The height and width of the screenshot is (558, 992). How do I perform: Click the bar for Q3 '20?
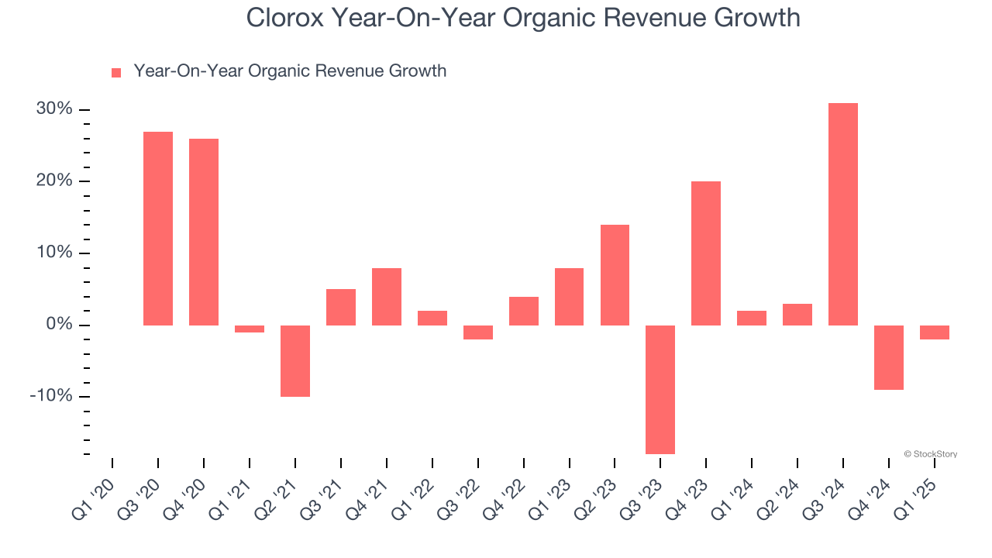pyautogui.click(x=158, y=229)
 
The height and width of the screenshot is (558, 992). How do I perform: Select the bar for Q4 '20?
pyautogui.click(x=204, y=232)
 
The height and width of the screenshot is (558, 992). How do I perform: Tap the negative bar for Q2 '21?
pyautogui.click(x=295, y=360)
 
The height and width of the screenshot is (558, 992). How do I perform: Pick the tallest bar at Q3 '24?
pyautogui.click(x=843, y=214)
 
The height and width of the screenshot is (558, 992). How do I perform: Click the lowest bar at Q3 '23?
pyautogui.click(x=660, y=389)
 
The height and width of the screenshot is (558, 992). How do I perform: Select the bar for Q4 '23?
pyautogui.click(x=706, y=253)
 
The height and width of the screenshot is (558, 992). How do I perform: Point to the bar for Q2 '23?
pyautogui.click(x=615, y=275)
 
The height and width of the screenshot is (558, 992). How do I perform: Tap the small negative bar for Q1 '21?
pyautogui.click(x=250, y=329)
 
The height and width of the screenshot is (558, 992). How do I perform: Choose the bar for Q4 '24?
pyautogui.click(x=889, y=357)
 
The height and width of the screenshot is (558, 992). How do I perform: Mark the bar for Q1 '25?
pyautogui.click(x=935, y=332)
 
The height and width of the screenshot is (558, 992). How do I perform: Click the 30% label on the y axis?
pyautogui.click(x=54, y=109)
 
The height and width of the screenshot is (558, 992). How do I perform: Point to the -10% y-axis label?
pyautogui.click(x=51, y=396)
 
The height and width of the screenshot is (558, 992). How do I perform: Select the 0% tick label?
pyautogui.click(x=59, y=325)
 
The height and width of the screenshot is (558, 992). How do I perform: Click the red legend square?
pyautogui.click(x=116, y=73)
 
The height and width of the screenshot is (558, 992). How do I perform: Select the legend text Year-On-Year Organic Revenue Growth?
pyautogui.click(x=290, y=71)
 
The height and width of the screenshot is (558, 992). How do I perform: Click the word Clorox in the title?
pyautogui.click(x=284, y=17)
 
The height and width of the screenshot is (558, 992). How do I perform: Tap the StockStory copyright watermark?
pyautogui.click(x=930, y=454)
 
